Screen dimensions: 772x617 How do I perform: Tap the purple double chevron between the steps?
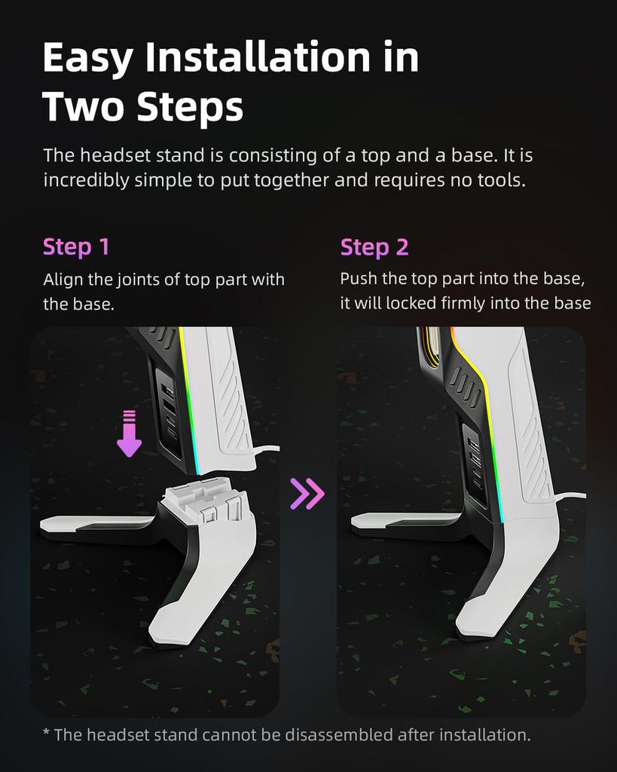307,493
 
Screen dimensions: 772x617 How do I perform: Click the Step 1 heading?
76,247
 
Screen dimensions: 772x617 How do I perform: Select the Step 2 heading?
374,247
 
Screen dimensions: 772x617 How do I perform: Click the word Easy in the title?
87,58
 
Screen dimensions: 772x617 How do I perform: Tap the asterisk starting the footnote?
47,734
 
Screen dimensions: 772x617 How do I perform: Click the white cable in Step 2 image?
570,496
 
